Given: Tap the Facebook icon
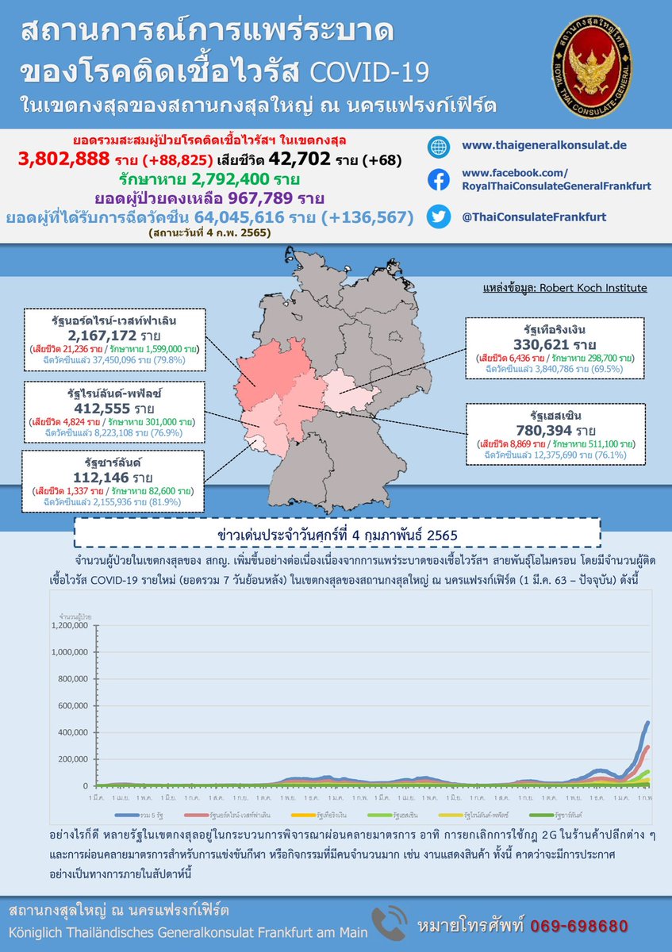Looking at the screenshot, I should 438,180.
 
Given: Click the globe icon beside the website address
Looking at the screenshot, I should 438,147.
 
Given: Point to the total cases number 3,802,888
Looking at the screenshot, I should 63,159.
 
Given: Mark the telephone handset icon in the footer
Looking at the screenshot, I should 389,923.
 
